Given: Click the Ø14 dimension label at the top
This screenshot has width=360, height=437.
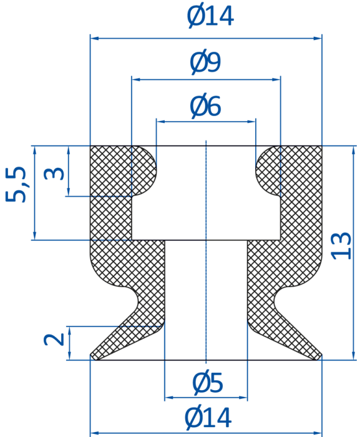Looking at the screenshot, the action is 210,16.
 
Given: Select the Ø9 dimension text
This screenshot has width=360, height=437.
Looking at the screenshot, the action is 205,62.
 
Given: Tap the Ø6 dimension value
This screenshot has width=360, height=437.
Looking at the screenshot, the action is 205,106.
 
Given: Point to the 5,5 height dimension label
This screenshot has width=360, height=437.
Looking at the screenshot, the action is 16,185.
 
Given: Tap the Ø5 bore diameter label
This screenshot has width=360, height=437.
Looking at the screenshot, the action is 208,383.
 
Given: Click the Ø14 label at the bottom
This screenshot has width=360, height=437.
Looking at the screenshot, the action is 208,418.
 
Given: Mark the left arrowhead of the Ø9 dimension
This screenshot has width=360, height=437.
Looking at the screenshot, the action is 135,80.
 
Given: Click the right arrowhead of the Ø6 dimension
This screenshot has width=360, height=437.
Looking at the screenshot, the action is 251,122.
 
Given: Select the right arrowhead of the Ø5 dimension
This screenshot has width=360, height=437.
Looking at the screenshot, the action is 243,398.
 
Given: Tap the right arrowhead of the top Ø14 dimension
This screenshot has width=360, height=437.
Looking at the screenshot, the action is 318,38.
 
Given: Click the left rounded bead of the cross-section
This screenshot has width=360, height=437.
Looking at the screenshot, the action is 144,170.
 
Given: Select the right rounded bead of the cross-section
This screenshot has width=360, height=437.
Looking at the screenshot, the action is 268,170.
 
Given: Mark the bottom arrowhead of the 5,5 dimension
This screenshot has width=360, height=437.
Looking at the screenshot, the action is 34,235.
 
